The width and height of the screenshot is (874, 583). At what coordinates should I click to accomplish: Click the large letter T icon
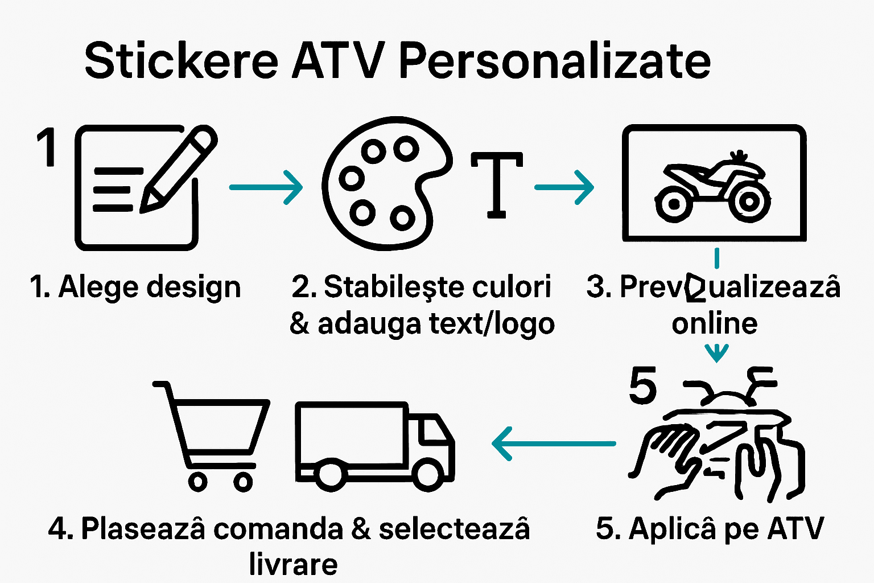point(497,184)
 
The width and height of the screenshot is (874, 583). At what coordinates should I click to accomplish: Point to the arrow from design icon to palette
point(265,187)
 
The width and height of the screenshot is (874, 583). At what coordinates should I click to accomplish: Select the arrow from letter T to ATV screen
point(564,187)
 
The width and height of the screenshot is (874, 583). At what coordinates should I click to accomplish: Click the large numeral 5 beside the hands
point(643,385)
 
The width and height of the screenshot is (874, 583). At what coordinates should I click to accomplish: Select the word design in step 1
point(193,287)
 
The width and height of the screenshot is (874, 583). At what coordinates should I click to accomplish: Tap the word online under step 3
point(714,323)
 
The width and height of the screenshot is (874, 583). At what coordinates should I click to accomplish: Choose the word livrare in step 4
point(293,564)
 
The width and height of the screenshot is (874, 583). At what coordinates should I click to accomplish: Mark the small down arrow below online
point(716,353)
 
